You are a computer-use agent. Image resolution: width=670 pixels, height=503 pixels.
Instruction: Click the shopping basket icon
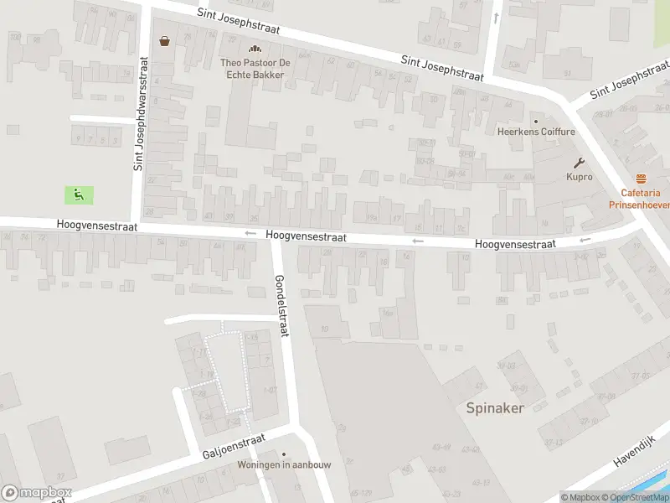[164, 40]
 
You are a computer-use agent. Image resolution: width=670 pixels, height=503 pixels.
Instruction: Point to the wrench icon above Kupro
[579, 163]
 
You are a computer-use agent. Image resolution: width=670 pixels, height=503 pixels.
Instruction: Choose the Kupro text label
[579, 177]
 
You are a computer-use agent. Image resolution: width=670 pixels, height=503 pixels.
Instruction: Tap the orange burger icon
[642, 178]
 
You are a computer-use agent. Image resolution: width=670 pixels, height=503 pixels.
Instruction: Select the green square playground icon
[79, 195]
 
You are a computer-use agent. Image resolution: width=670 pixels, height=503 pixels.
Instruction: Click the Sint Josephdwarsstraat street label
[140, 114]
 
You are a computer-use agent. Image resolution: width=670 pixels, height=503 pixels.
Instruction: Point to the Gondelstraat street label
[281, 305]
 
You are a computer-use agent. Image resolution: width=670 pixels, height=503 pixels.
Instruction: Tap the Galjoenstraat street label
[234, 445]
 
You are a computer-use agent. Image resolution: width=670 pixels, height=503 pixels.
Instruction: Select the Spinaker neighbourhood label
[495, 408]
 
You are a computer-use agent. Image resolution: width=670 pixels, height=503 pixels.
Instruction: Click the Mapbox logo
[37, 493]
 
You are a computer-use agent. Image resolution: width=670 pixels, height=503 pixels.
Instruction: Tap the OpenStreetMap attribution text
[634, 497]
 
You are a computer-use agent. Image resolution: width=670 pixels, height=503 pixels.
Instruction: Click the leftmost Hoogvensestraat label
[96, 226]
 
